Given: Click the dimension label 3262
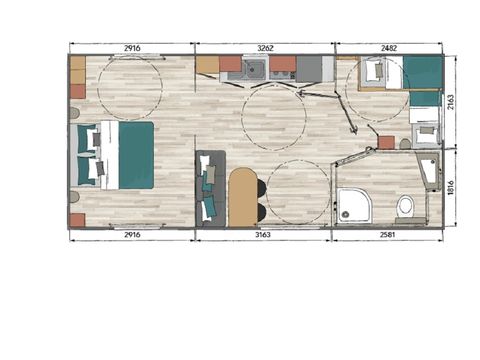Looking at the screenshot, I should [x=266, y=47].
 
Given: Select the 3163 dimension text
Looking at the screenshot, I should [x=263, y=235].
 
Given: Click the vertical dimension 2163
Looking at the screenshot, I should [x=452, y=102].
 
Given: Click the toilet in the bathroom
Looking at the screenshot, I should [x=405, y=207].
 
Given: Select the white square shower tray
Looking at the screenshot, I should [x=355, y=206].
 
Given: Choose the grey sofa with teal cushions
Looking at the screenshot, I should [x=209, y=188].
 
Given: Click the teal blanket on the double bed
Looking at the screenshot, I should [x=136, y=155].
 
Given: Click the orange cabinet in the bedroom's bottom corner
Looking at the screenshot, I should [x=77, y=219].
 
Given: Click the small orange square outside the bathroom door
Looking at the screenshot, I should [x=386, y=142].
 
